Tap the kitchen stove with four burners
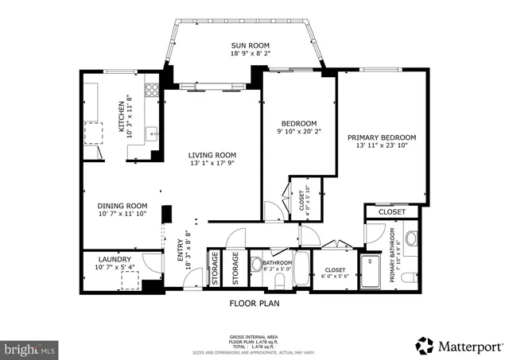[151, 90]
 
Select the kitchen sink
[151, 131]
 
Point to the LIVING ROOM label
[212, 155]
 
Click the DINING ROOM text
[123, 204]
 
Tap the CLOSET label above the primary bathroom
[391, 212]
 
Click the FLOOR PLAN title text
[254, 302]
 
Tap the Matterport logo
[458, 346]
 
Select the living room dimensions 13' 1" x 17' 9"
[212, 164]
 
